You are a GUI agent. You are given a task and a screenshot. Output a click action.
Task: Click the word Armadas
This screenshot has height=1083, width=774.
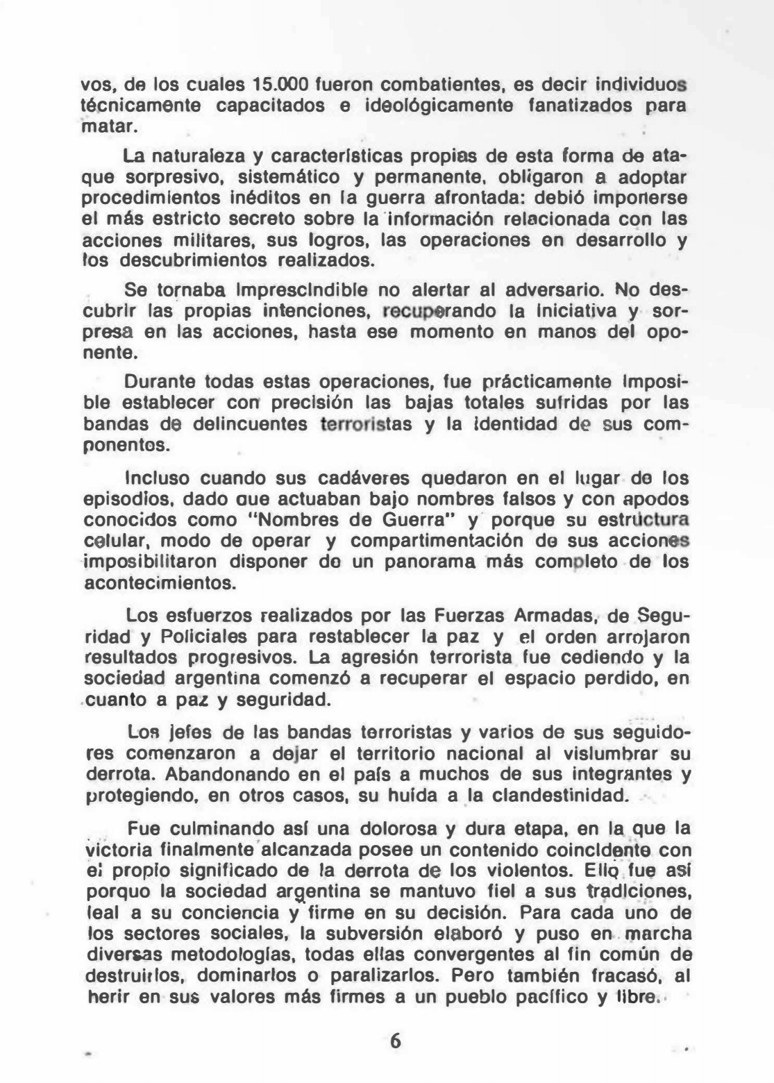click(x=543, y=616)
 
